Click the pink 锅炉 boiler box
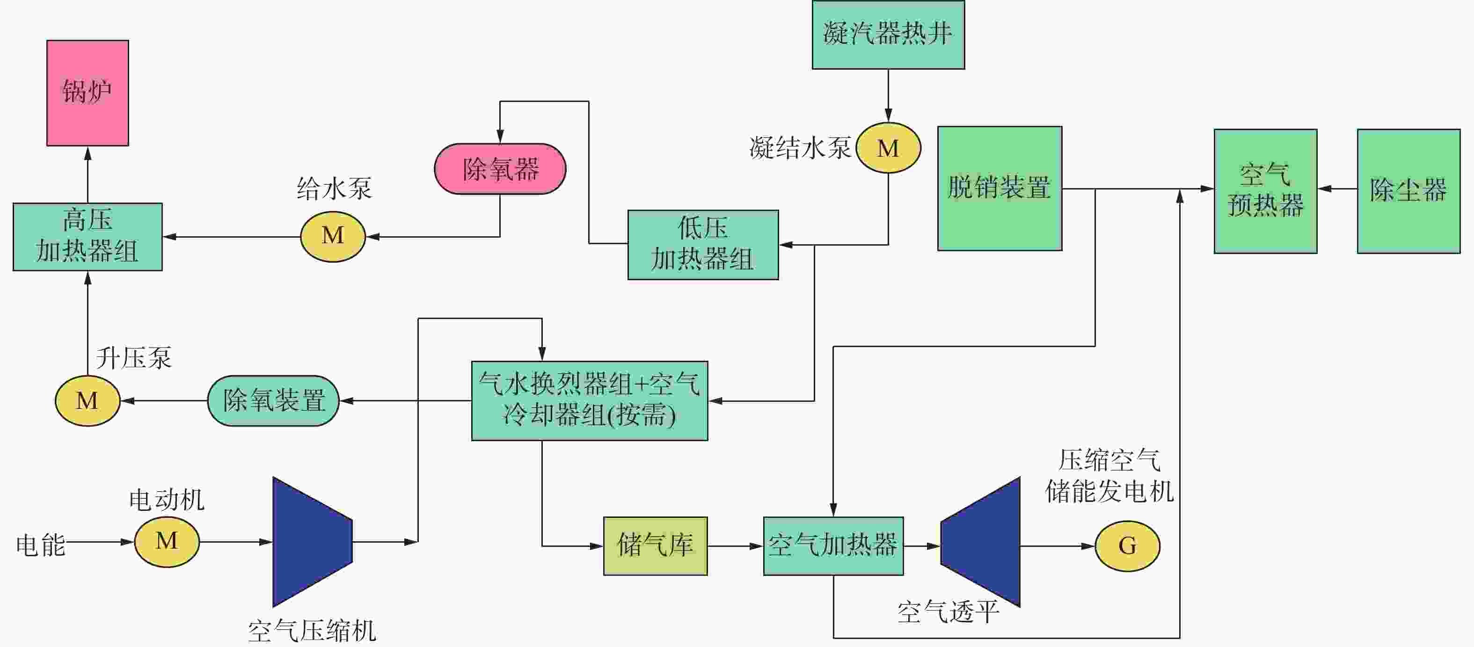pyautogui.click(x=88, y=93)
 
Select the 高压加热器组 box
pyautogui.click(x=88, y=237)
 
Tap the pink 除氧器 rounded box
pyautogui.click(x=500, y=169)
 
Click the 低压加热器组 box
pyautogui.click(x=703, y=245)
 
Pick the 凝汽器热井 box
pyautogui.click(x=888, y=35)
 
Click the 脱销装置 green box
pyautogui.click(x=1000, y=188)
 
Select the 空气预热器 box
pyautogui.click(x=1266, y=191)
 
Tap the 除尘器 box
pyautogui.click(x=1409, y=191)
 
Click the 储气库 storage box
pyautogui.click(x=655, y=546)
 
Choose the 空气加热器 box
pyautogui.click(x=833, y=546)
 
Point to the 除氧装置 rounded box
pyautogui.click(x=273, y=400)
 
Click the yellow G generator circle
pyautogui.click(x=1127, y=546)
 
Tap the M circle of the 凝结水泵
pyautogui.click(x=888, y=147)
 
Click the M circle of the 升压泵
pyautogui.click(x=88, y=400)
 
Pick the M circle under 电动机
pyautogui.click(x=167, y=542)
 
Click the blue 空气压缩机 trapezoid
pyautogui.click(x=313, y=542)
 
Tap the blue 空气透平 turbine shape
pyautogui.click(x=981, y=542)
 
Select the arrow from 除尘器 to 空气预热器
pyautogui.click(x=1337, y=188)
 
